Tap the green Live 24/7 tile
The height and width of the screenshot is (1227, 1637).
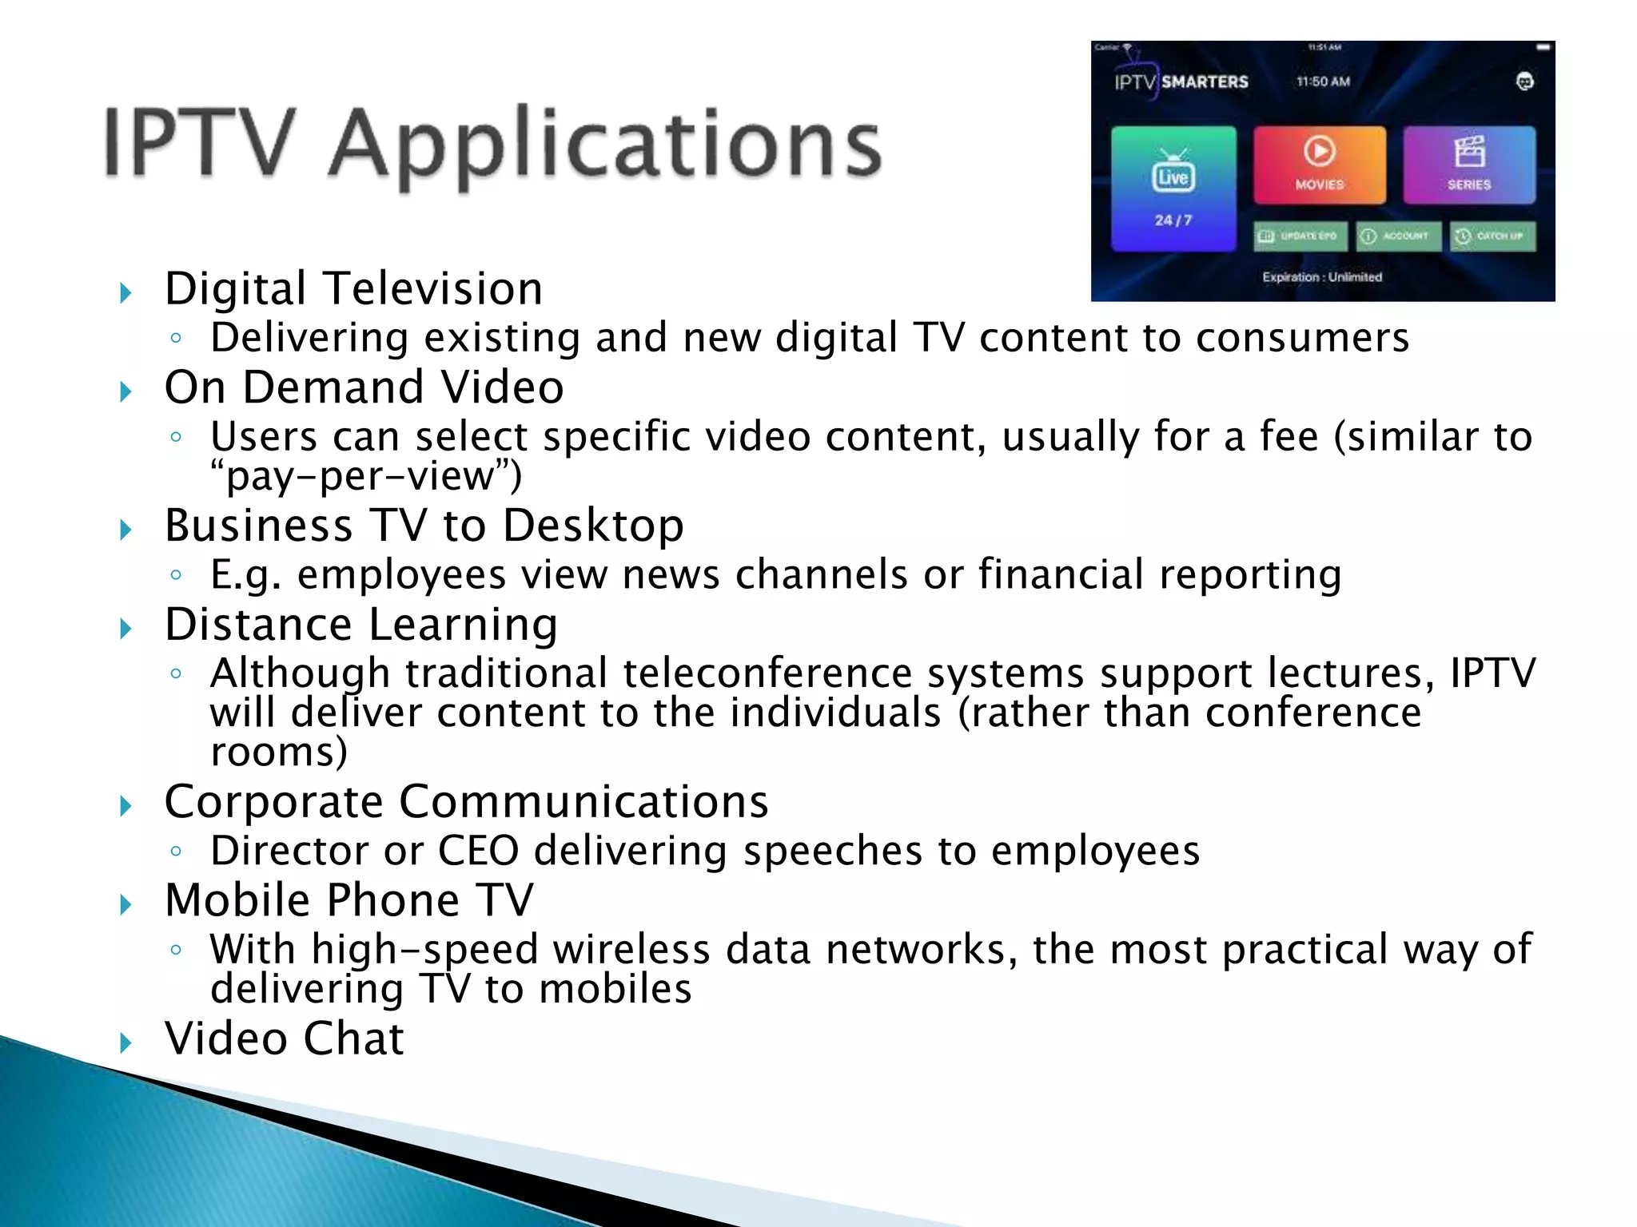coord(1173,189)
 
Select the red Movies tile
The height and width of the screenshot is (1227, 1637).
coord(1319,165)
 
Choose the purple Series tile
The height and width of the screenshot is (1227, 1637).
coord(1469,165)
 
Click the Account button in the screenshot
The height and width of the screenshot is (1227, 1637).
coord(1398,236)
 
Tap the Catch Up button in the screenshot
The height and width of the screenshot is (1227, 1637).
coord(1492,236)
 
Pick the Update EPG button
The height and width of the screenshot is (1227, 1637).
coord(1300,236)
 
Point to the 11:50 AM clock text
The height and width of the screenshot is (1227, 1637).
coord(1323,81)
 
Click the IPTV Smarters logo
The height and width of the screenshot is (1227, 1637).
coord(1181,81)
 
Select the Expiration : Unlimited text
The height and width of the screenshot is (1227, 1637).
coord(1322,277)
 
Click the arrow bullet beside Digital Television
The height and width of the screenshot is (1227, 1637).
coord(125,293)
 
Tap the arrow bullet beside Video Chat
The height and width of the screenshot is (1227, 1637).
coord(125,1042)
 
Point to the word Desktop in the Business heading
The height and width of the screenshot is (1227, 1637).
coord(593,526)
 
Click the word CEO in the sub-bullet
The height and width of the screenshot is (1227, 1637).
coord(478,851)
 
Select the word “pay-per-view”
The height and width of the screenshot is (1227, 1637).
coord(366,477)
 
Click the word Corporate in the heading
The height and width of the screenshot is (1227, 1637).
coord(273,802)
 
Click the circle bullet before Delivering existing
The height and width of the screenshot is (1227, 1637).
coord(176,338)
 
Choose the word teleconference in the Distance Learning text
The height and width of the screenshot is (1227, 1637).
coord(767,673)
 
